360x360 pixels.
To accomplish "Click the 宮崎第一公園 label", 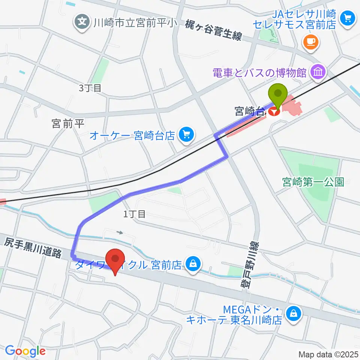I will tap(313, 182).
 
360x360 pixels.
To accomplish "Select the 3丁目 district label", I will tap(90, 88).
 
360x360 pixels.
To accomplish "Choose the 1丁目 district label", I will tap(134, 214).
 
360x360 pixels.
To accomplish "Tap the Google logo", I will tap(25, 351).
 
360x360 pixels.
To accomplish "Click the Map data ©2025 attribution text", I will tap(328, 354).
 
